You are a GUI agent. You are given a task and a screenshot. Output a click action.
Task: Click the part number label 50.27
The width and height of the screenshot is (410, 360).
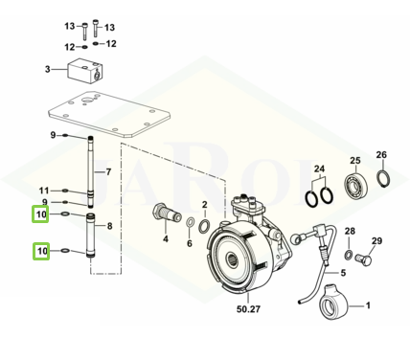(248, 309)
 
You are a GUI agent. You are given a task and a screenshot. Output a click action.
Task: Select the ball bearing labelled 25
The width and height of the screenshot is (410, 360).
(356, 185)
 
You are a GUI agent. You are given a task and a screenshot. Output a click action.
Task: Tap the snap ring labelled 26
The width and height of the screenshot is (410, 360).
(383, 178)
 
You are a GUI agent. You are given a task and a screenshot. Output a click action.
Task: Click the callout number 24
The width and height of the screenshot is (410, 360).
(319, 169)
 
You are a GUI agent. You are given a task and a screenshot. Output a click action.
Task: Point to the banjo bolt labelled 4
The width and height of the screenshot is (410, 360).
(166, 214)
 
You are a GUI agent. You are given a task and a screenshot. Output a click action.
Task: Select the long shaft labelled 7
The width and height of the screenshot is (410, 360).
(91, 171)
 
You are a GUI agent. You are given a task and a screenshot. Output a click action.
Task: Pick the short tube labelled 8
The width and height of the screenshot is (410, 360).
(91, 236)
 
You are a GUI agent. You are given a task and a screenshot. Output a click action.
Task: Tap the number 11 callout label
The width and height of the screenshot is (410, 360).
(44, 191)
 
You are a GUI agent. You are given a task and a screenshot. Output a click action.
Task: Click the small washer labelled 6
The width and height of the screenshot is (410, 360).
(191, 222)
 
